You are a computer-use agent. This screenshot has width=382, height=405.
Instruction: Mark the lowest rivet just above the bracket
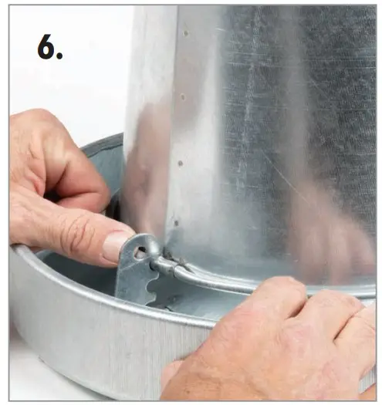click(x=177, y=223)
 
